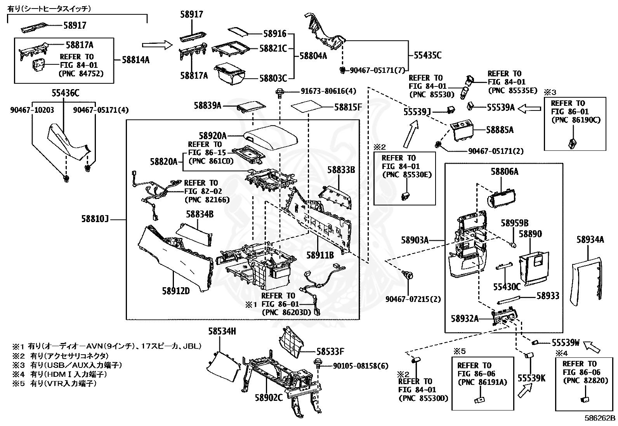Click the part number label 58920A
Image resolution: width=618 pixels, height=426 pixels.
coord(212,136)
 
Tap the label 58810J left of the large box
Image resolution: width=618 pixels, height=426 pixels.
coord(95,219)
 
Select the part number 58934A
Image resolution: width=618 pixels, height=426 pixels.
coord(590,240)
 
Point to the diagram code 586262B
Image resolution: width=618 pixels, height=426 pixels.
coord(600,418)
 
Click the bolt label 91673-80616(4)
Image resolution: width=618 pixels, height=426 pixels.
coord(328,91)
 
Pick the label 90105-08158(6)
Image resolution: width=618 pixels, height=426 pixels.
coord(361,366)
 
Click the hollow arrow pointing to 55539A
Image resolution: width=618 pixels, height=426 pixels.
coord(529,109)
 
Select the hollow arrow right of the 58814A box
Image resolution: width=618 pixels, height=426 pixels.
coord(157,45)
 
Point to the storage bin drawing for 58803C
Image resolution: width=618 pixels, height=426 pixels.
coord(229,75)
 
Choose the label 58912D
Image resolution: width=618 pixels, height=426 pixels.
coord(176,291)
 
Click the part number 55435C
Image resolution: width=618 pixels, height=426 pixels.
coord(427,55)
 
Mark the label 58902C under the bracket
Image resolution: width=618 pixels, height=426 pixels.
coord(269,398)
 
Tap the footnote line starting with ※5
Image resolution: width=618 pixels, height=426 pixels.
coord(54,383)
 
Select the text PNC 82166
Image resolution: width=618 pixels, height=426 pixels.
coord(207,200)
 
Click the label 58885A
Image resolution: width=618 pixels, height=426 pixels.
coord(500,130)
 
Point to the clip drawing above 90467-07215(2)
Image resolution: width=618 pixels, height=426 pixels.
coord(408,275)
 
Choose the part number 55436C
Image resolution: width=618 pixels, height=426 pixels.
coord(65,93)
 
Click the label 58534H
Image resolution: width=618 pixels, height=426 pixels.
coord(222,331)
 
